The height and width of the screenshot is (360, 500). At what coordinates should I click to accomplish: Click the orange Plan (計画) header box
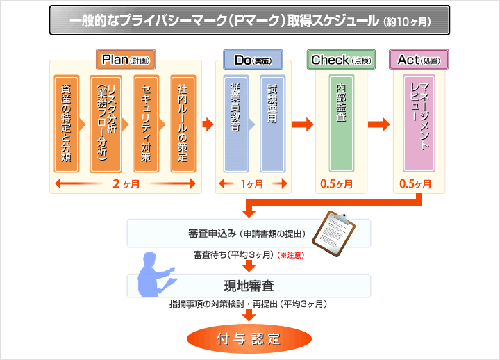[x=126, y=59]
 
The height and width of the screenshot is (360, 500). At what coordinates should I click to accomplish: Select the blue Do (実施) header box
[x=253, y=60]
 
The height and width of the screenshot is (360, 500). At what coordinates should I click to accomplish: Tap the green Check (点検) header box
[x=341, y=60]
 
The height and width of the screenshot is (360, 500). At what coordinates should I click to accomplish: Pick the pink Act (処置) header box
[x=419, y=59]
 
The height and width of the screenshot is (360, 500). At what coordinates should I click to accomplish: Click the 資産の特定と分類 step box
[x=67, y=124]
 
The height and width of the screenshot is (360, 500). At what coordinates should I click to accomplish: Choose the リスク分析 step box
[x=106, y=124]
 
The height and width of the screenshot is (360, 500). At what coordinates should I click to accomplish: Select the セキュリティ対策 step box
[x=147, y=124]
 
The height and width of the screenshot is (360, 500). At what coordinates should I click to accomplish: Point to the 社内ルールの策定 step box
[x=183, y=124]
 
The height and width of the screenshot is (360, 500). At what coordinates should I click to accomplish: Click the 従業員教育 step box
[x=235, y=124]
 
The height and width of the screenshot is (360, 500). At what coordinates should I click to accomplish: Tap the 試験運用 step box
[x=273, y=124]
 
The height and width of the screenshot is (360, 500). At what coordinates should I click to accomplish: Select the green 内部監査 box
[x=342, y=123]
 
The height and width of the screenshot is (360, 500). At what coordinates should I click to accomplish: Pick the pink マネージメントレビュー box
[x=419, y=123]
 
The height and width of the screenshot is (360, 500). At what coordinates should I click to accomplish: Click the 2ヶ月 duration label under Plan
[x=126, y=184]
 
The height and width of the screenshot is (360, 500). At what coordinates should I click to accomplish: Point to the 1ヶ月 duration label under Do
[x=252, y=184]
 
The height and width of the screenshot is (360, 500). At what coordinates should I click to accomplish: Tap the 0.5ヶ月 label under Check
[x=336, y=184]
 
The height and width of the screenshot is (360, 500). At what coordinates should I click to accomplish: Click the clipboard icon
[x=333, y=234]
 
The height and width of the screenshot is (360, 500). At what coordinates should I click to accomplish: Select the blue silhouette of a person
[x=156, y=275]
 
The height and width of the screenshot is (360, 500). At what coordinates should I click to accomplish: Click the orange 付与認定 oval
[x=249, y=339]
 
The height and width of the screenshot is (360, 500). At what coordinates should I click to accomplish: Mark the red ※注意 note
[x=291, y=255]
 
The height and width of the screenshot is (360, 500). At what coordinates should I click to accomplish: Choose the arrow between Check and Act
[x=379, y=124]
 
